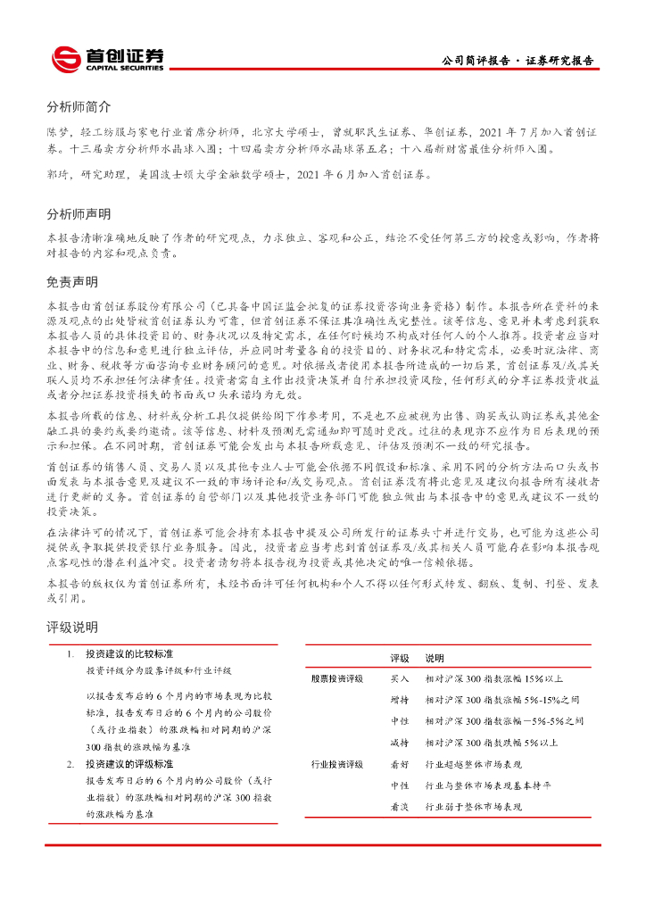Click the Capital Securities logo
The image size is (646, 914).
pyautogui.click(x=108, y=59)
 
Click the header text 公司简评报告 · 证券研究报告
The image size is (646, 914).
pyautogui.click(x=518, y=61)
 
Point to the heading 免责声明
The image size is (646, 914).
pyautogui.click(x=72, y=281)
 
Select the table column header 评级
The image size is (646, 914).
pyautogui.click(x=400, y=658)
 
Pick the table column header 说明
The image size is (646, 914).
pyautogui.click(x=435, y=658)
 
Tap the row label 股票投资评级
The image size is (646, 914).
pyautogui.click(x=337, y=678)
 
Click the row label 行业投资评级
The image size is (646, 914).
pyautogui.click(x=337, y=764)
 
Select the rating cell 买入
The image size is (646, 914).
pyautogui.click(x=400, y=678)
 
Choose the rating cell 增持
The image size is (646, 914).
pyautogui.click(x=400, y=700)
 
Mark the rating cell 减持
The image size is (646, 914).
pyautogui.click(x=400, y=743)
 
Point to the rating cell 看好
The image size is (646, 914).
pyautogui.click(x=400, y=764)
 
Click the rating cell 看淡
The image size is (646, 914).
pyautogui.click(x=400, y=807)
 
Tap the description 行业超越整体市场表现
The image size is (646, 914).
pyautogui.click(x=473, y=764)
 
